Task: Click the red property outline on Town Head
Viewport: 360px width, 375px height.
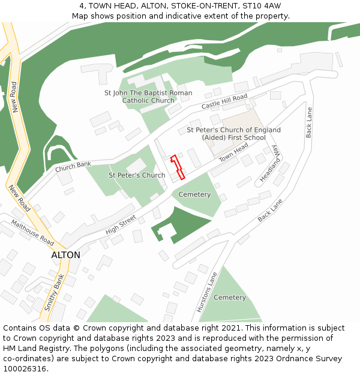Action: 176,168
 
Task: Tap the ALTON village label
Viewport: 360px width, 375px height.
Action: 65,255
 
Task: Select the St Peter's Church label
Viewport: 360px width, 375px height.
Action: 137,176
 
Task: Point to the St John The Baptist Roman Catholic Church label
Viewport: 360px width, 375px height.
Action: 148,97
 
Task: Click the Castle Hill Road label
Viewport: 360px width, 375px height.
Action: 224,101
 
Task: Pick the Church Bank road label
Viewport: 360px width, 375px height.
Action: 73,167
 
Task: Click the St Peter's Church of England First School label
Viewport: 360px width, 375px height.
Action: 233,134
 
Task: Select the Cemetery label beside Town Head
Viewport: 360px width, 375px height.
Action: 194,194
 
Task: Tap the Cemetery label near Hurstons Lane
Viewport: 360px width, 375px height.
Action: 230,298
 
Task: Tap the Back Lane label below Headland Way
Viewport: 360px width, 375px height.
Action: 270,211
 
